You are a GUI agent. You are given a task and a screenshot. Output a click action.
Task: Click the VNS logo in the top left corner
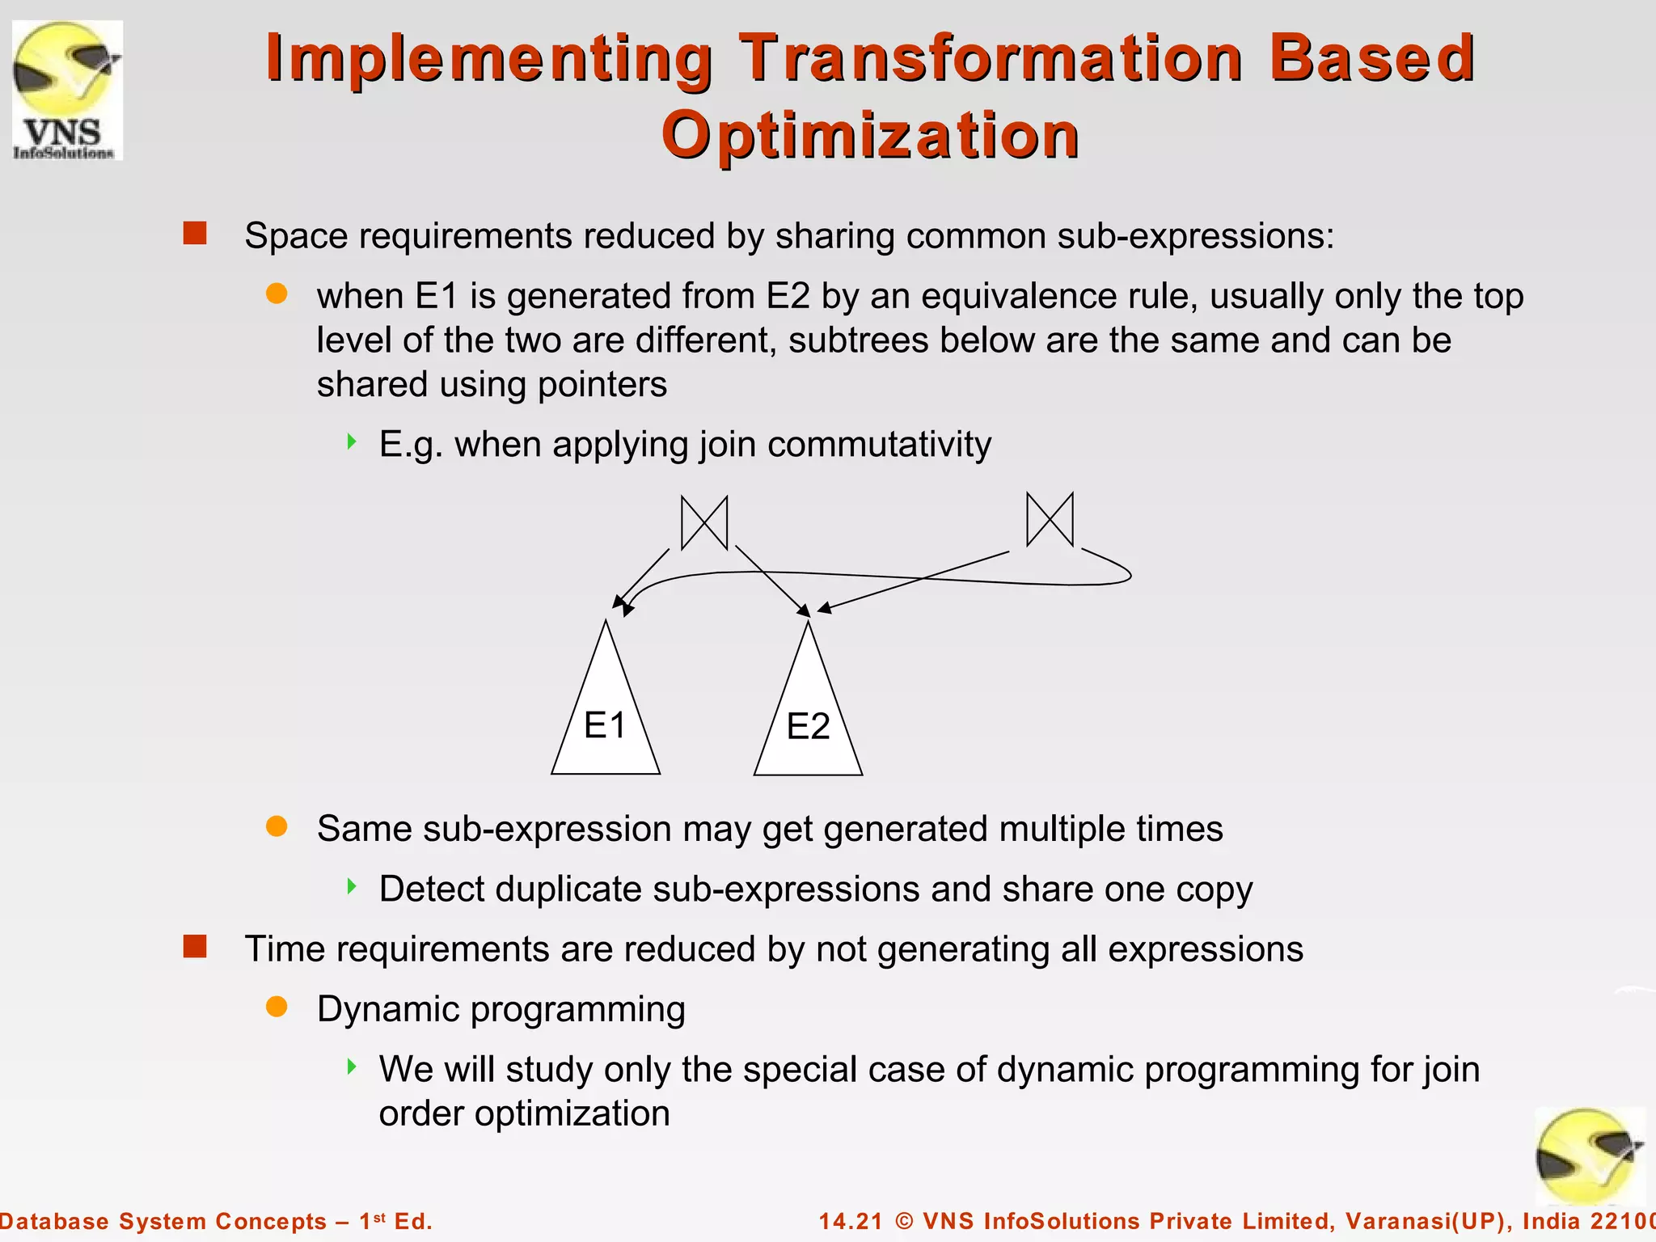67,91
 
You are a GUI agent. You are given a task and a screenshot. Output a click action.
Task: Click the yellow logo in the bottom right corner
1589,1156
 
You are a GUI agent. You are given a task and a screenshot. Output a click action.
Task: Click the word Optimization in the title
870,135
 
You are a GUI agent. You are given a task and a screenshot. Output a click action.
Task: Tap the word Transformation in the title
991,58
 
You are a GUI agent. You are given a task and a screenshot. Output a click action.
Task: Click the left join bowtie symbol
704,523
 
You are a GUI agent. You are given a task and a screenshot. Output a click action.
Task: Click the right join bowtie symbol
1050,519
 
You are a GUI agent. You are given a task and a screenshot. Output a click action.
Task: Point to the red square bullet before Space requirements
195,234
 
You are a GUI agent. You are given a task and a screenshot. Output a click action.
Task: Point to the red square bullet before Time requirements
195,946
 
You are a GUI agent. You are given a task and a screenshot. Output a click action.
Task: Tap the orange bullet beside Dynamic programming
277,1007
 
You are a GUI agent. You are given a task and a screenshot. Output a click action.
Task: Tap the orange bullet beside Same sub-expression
277,826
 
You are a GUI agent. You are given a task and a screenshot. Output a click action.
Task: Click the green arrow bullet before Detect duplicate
352,886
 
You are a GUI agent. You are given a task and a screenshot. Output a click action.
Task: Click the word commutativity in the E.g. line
879,445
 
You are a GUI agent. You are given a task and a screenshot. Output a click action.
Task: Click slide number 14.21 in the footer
851,1221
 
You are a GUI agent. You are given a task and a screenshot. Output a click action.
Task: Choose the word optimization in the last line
572,1113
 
